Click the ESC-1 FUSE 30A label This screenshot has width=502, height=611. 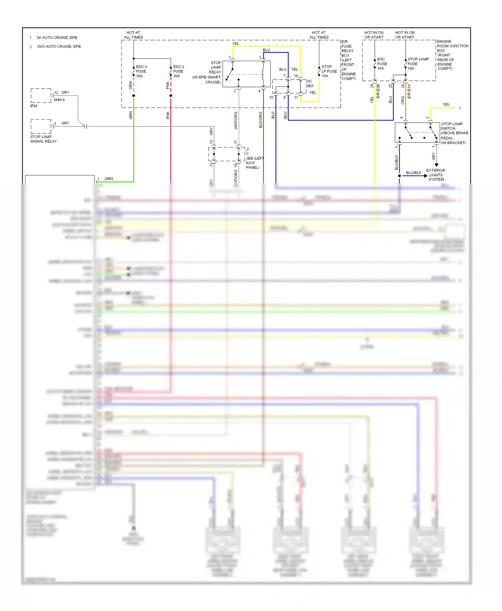(x=141, y=71)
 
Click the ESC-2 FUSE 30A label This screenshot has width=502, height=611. (x=178, y=71)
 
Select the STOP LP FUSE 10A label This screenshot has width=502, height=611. (x=329, y=71)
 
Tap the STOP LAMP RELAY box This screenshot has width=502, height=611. (x=246, y=74)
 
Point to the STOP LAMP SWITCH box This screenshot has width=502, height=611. (x=417, y=132)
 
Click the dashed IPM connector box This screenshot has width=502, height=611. (x=41, y=96)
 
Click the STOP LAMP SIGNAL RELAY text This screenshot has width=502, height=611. (x=44, y=139)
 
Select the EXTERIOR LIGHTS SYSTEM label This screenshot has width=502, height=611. (x=436, y=175)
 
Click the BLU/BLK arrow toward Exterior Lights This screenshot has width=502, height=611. (x=415, y=175)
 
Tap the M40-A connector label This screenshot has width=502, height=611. (x=60, y=100)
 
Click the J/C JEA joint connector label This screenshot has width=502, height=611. (x=310, y=84)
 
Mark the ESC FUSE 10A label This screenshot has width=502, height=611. (x=382, y=64)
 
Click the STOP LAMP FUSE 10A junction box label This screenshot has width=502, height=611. (x=418, y=64)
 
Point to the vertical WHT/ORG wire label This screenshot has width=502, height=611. (x=236, y=120)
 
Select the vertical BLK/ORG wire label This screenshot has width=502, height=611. (x=260, y=120)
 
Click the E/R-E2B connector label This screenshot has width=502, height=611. (x=378, y=91)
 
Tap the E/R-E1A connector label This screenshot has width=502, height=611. (x=409, y=91)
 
